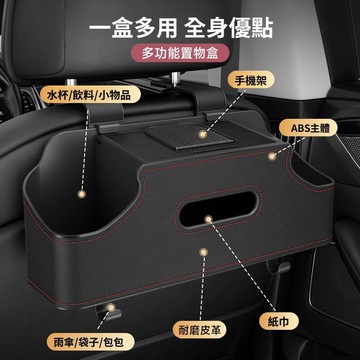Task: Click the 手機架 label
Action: (251, 80)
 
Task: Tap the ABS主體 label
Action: (308, 128)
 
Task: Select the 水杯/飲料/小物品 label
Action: (90, 94)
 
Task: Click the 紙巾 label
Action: (278, 322)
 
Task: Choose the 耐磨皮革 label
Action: (200, 330)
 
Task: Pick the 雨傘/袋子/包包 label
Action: (90, 342)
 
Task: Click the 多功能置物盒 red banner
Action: (180, 53)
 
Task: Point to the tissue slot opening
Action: (219, 209)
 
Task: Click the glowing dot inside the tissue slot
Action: (208, 219)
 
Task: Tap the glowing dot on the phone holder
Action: (201, 135)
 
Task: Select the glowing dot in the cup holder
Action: (81, 194)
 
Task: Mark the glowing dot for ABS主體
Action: (272, 156)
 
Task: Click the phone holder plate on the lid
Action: (191, 137)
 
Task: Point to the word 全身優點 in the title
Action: (229, 28)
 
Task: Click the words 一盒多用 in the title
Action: (133, 28)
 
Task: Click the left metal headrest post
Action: (71, 82)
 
